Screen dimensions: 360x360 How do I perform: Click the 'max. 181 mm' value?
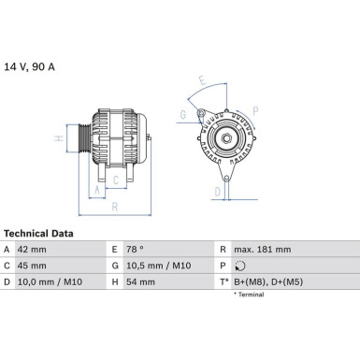coord(264,250)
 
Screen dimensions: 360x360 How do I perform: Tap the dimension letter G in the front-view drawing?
coord(184,115)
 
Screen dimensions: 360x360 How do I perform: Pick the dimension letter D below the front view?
coord(216,192)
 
